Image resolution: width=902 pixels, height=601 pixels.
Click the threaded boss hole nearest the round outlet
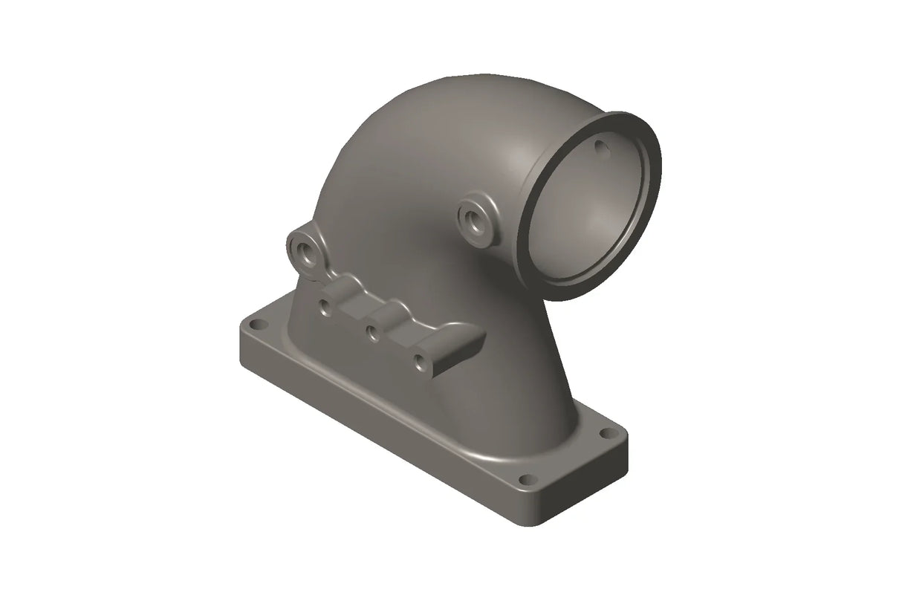pyautogui.click(x=473, y=218)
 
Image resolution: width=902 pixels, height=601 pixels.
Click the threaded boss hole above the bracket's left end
pyautogui.click(x=305, y=250)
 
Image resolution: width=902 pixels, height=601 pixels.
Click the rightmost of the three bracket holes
pyautogui.click(x=421, y=363)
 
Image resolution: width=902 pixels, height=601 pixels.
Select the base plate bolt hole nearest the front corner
pyautogui.click(x=527, y=479)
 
